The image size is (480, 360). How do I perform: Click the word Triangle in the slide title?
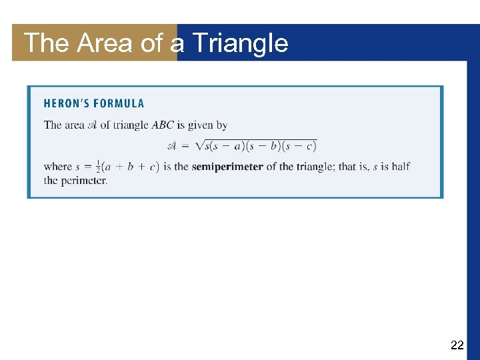240,43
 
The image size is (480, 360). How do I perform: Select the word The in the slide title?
47,43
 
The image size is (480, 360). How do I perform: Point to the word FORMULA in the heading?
119,103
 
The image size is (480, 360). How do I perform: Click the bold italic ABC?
163,125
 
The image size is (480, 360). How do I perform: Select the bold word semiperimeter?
227,167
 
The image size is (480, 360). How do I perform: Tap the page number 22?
457,345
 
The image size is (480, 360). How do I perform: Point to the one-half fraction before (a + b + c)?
98,167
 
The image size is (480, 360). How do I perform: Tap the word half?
401,167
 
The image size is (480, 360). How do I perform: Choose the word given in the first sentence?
202,125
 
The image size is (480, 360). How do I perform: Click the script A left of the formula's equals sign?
172,146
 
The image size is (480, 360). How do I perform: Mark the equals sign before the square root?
186,146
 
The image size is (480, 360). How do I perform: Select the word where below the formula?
57,167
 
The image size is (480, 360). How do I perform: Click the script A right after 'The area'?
92,125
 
